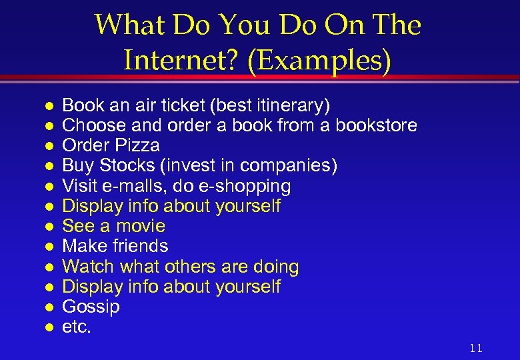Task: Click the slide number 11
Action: click(475, 348)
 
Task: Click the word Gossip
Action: click(91, 307)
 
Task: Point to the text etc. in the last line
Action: click(76, 327)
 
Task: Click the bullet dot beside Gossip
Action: click(48, 308)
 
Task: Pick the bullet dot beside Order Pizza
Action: click(48, 146)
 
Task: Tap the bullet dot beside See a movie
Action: click(48, 227)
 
